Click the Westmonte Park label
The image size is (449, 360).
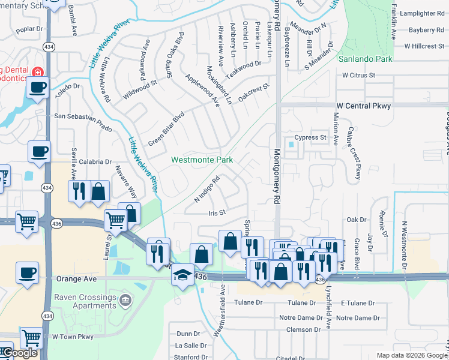click(x=202, y=160)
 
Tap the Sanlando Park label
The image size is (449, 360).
click(x=365, y=59)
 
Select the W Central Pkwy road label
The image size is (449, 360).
click(x=364, y=106)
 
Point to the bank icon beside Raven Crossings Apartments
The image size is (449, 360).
click(x=125, y=300)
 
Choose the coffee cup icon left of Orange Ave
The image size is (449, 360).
click(x=27, y=272)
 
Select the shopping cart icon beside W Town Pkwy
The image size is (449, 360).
click(x=31, y=338)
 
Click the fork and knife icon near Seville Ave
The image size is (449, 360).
click(x=79, y=191)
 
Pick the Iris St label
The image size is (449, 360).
click(x=216, y=212)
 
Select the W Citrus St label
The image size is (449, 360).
click(x=358, y=76)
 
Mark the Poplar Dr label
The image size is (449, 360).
click(x=31, y=28)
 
